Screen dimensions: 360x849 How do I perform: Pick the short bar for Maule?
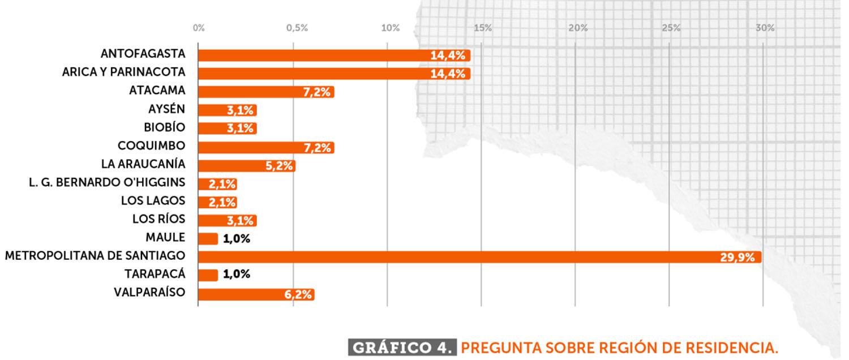coord(208,239)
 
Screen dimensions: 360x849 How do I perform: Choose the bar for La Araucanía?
coord(246,166)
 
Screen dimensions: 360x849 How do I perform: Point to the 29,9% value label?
coord(737,258)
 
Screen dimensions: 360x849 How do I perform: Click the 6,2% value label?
coord(298,294)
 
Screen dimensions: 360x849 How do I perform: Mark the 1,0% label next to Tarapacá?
coord(237,275)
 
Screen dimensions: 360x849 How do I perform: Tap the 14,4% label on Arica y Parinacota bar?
coord(448,74)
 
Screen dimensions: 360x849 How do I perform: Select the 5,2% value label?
coord(278,166)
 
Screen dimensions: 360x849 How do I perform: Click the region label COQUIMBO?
coord(151,145)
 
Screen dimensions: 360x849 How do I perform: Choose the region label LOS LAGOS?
coord(153,200)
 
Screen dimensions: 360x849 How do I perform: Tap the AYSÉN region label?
coord(166,109)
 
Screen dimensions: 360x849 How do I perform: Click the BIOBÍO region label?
coord(164,127)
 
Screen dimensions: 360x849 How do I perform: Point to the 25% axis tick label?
coord(671,28)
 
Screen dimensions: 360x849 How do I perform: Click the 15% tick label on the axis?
coord(482,28)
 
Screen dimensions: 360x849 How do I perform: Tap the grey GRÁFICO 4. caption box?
coord(402,347)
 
